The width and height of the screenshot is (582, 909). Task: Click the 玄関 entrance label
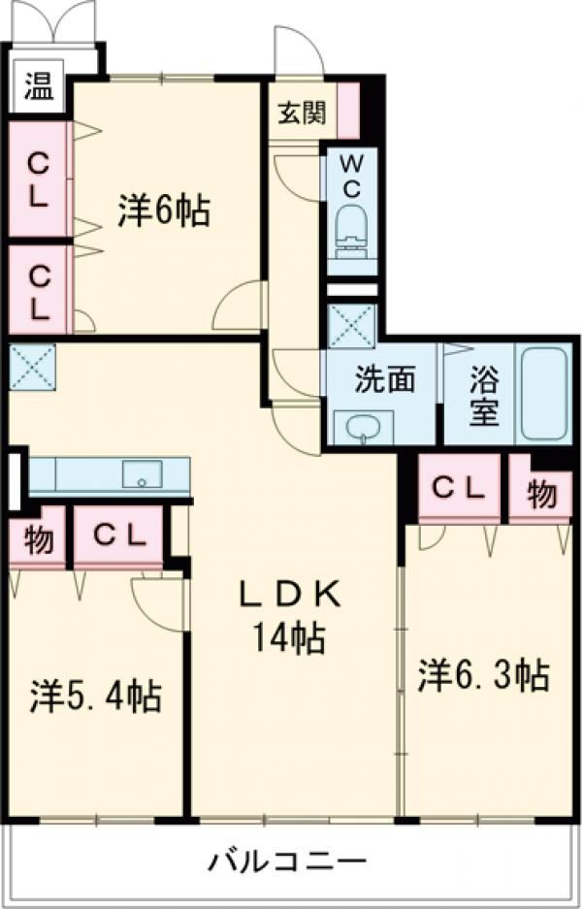(x=304, y=113)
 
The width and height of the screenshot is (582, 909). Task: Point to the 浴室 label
(x=484, y=394)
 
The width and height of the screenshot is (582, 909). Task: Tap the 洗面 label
(x=384, y=377)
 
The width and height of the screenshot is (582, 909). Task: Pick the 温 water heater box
(x=38, y=87)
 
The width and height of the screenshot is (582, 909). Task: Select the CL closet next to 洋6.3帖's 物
(x=458, y=489)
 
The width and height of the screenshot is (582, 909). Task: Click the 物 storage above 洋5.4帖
(x=38, y=539)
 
